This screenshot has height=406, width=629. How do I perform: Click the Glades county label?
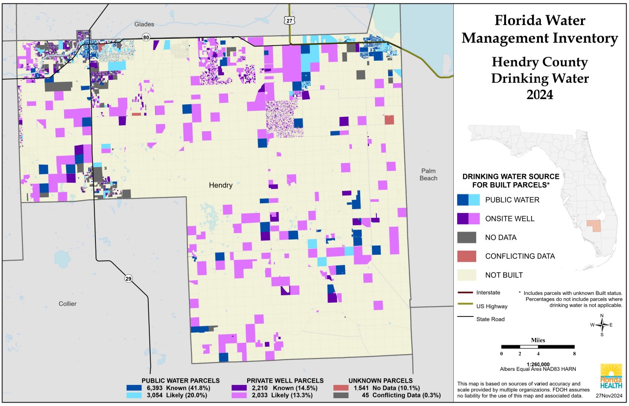tap(144, 24)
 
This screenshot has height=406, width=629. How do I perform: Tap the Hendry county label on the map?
tap(220, 186)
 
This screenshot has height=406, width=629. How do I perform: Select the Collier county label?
tap(68, 304)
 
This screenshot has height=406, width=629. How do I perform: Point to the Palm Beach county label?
tap(429, 174)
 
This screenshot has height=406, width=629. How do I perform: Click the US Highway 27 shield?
tap(290, 20)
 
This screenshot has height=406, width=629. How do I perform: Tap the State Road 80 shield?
tap(146, 38)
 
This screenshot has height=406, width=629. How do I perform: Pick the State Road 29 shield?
tap(128, 279)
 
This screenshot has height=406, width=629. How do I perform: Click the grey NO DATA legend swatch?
tap(468, 238)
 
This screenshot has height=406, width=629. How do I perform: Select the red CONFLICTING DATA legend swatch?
tap(468, 256)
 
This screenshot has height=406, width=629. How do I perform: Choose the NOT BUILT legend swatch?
tap(468, 275)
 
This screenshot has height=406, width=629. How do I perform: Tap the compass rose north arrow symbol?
tap(602, 325)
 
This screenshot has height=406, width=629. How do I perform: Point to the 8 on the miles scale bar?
tap(574, 354)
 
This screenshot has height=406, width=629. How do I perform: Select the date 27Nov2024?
tap(608, 395)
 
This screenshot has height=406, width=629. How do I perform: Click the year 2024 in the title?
tap(539, 94)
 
